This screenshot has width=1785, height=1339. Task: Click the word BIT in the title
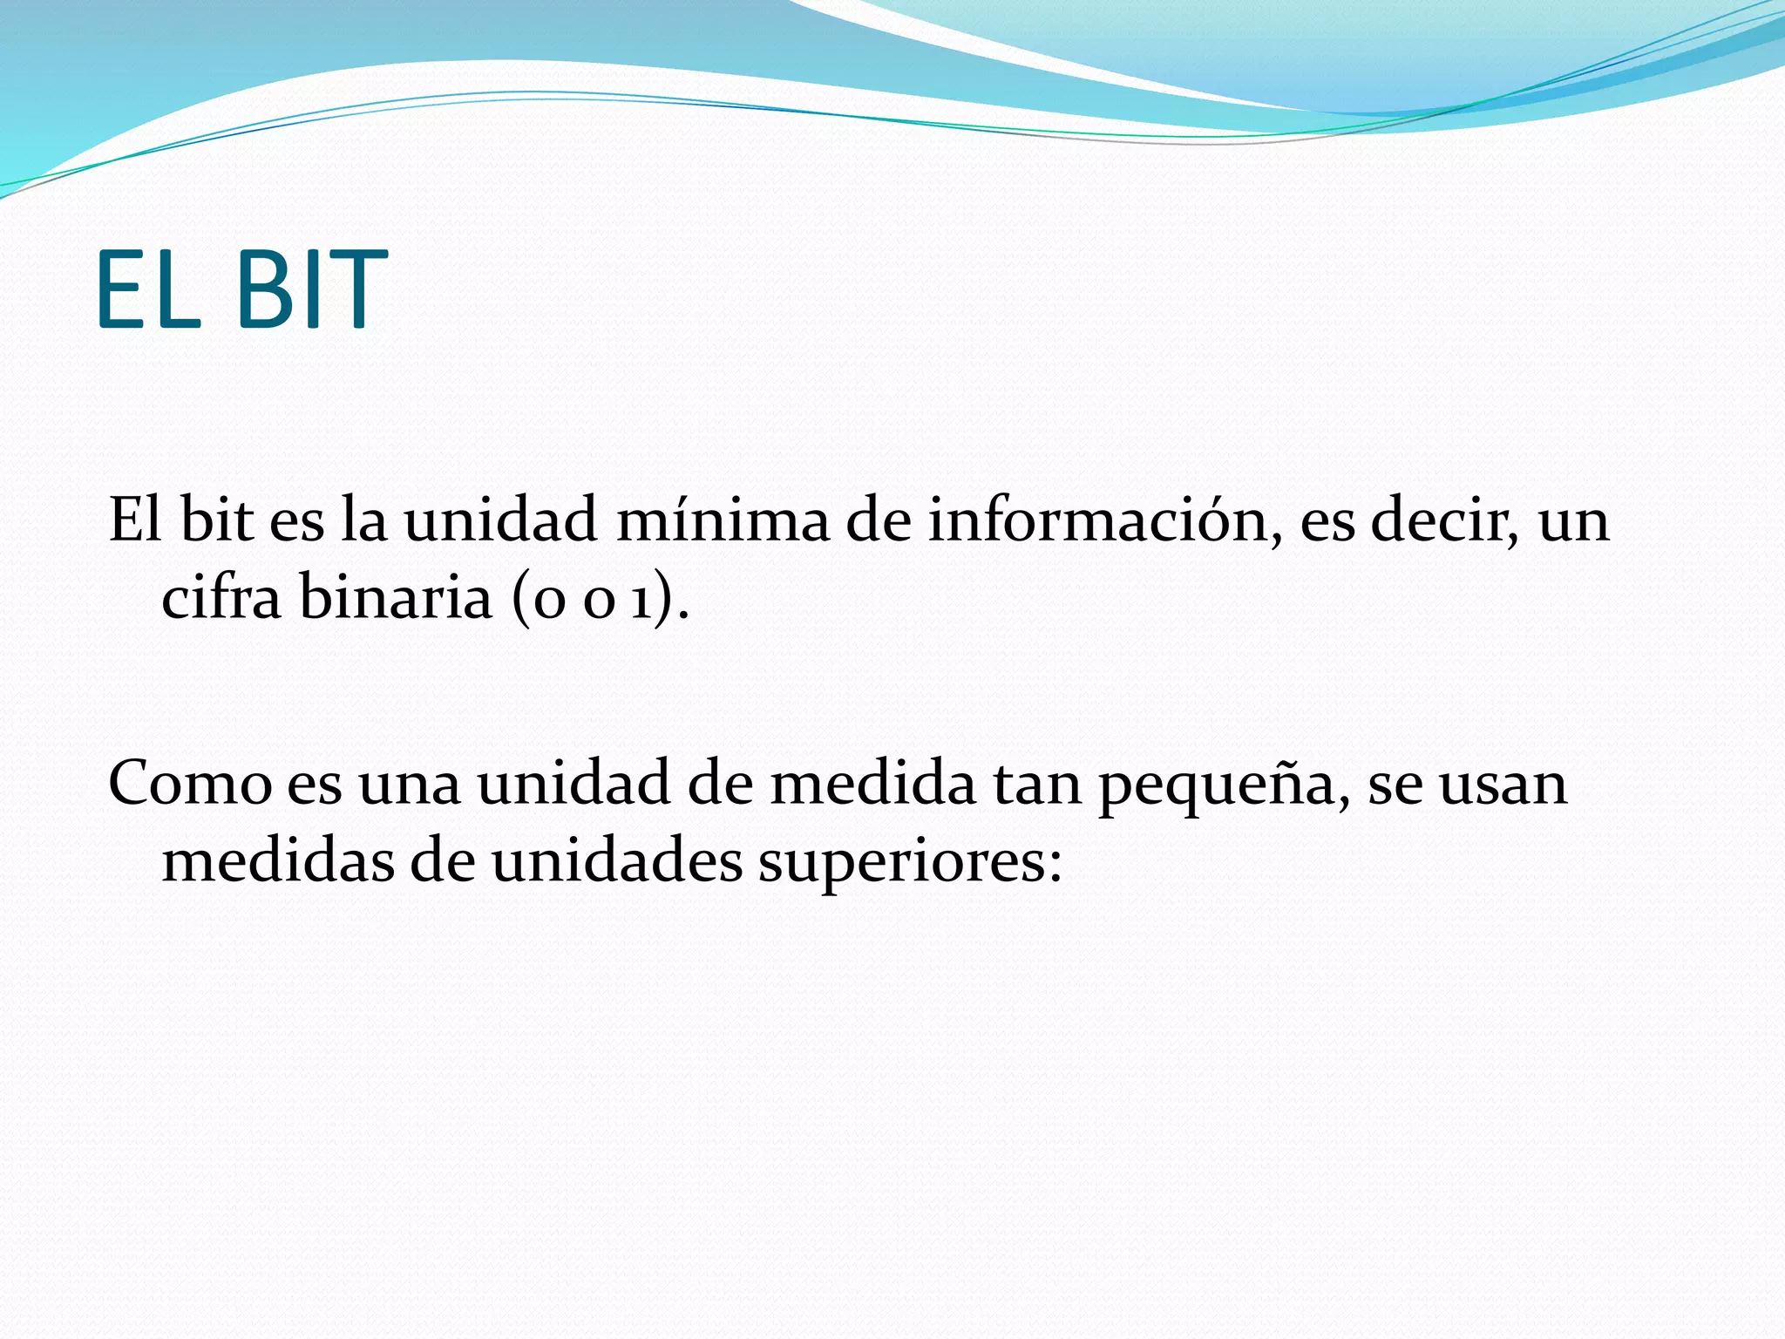(310, 289)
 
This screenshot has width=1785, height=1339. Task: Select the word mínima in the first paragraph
(723, 521)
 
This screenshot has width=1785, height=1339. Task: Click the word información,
(1104, 521)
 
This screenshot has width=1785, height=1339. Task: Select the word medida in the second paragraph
(874, 783)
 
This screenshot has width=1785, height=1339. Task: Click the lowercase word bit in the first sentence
(216, 521)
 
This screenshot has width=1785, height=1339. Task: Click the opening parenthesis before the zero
(520, 600)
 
